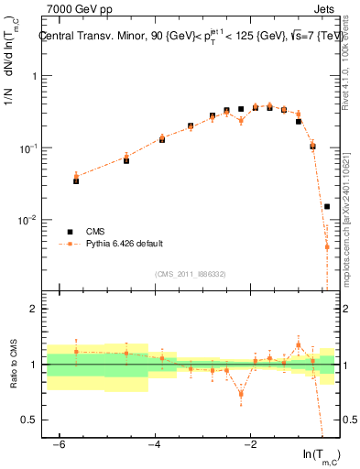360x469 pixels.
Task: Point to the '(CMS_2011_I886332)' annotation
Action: (191, 274)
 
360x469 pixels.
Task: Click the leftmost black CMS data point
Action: (76, 181)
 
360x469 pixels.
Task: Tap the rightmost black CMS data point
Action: (327, 207)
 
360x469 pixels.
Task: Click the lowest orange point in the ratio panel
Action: (241, 394)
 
